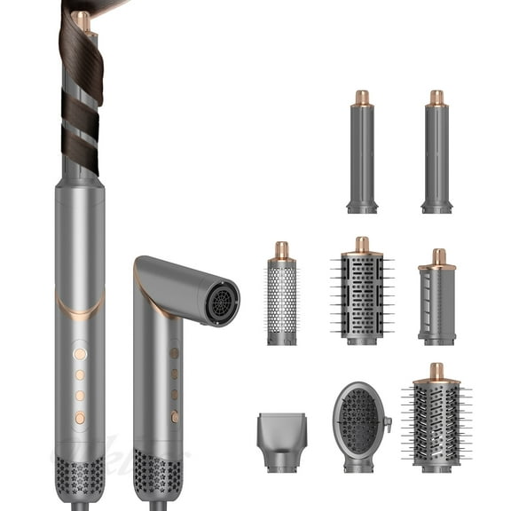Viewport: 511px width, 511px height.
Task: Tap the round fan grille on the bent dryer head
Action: tap(221, 303)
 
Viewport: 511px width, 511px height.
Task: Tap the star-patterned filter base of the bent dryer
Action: tap(158, 479)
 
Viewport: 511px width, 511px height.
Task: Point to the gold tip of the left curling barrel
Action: tap(362, 98)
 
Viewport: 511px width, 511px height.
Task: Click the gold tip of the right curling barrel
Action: tap(436, 98)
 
